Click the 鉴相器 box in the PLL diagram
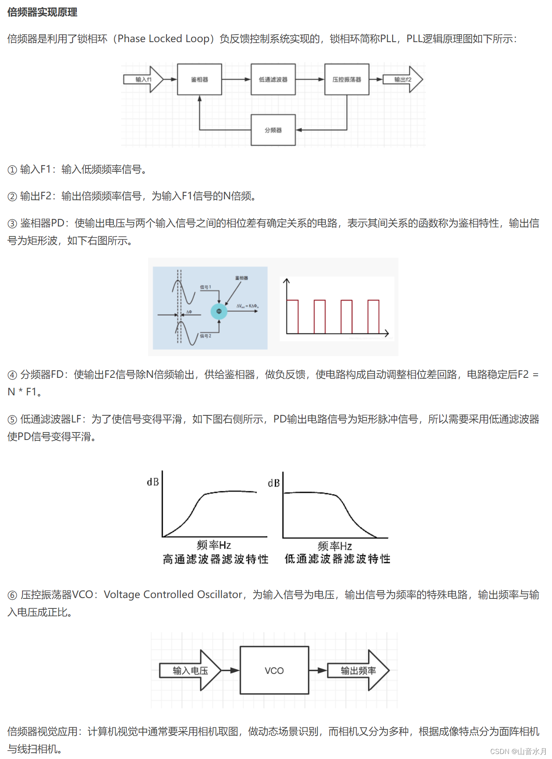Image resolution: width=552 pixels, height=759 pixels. coord(199,79)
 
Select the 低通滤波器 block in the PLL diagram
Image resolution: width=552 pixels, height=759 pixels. coord(273,79)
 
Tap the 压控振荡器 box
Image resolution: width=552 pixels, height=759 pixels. coord(347,79)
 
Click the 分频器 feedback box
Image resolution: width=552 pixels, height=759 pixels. coord(273,130)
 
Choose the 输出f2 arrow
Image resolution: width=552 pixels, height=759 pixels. coord(403,79)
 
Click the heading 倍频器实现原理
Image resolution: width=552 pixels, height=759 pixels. coord(42,12)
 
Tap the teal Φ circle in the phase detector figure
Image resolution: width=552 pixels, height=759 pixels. coord(219,311)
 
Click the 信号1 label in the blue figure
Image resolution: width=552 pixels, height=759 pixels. coord(206,287)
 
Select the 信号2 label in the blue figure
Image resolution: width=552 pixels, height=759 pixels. coord(206,336)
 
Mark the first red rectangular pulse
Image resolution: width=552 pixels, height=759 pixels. coord(292,316)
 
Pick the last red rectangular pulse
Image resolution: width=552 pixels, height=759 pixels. coord(373,316)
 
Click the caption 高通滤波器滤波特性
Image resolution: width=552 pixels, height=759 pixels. coord(215,559)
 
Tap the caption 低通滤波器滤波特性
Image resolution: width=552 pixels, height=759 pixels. coord(337,559)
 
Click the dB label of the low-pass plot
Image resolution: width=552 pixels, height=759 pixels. coord(274,483)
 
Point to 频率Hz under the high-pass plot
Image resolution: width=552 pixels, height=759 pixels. coord(214,545)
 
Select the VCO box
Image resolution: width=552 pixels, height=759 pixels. coord(274,671)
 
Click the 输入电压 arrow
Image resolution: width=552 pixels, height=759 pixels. coord(190,671)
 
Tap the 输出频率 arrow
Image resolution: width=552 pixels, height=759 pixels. coord(358,671)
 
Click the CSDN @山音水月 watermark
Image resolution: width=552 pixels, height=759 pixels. coord(518,751)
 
